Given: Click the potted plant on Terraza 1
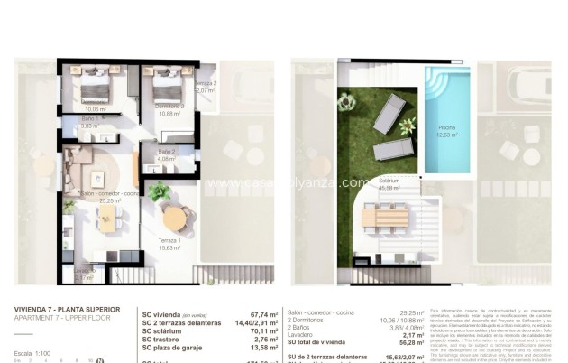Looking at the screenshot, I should [159, 191].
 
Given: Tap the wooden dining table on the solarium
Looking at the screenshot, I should [389, 218].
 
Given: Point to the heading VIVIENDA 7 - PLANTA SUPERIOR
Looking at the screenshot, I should [61, 310].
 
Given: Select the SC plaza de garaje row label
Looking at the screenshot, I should [179, 347].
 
